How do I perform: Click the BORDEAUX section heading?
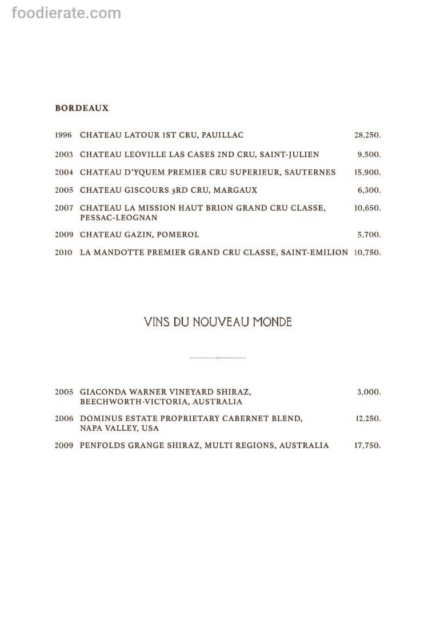[x=82, y=108]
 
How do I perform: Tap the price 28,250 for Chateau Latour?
[x=367, y=135]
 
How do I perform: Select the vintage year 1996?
[x=63, y=135]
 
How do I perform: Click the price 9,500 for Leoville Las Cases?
[x=369, y=154]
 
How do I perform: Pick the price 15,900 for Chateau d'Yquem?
[x=367, y=172]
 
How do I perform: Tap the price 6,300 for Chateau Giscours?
[x=369, y=190]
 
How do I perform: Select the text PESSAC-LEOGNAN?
[x=119, y=218]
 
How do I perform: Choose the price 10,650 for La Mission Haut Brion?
[x=367, y=208]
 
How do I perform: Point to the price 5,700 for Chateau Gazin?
[x=369, y=235]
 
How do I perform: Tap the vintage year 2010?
[x=63, y=252]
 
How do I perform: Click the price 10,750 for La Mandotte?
[x=367, y=252]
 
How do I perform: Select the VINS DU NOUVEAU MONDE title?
[x=218, y=322]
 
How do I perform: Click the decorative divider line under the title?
[x=218, y=358]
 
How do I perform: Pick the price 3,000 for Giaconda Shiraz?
[x=369, y=392]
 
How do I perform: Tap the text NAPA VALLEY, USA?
[x=119, y=428]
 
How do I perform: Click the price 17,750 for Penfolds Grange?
[x=367, y=445]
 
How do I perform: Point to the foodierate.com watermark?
[x=66, y=13]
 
